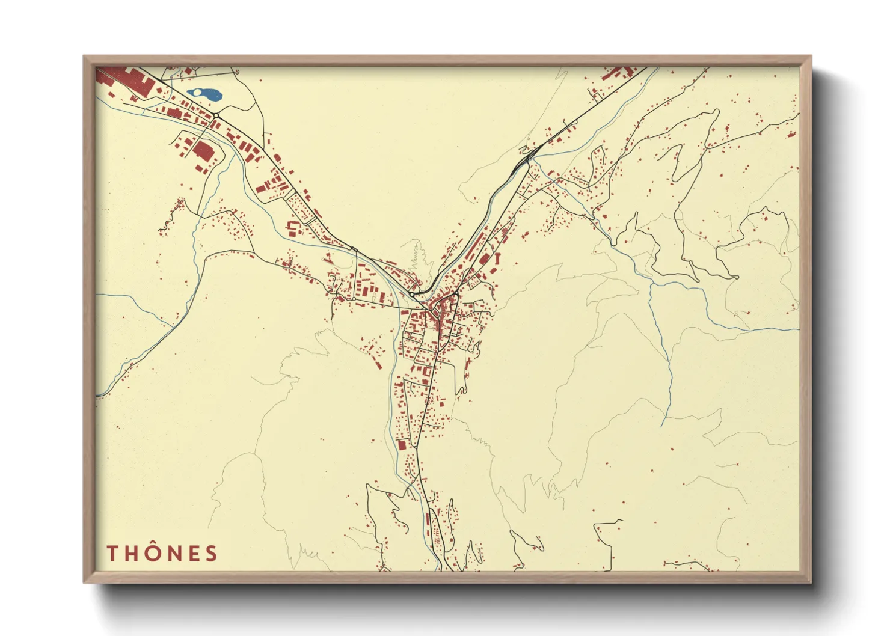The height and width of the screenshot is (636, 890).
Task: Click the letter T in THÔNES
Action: pos(112,554)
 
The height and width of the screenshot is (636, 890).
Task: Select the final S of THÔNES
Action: pos(211,554)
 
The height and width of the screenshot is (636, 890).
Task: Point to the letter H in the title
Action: pos(132,554)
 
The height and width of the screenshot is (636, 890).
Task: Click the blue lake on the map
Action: pos(204,94)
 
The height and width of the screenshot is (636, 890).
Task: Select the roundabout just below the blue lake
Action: pos(215,115)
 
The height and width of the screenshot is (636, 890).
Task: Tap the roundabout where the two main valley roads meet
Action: pos(414,294)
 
